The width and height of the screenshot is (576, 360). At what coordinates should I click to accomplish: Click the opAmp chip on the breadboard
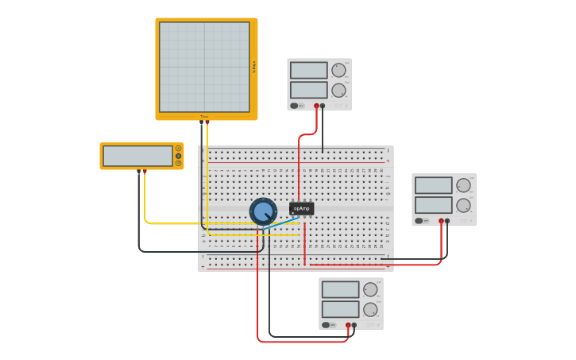point(302,208)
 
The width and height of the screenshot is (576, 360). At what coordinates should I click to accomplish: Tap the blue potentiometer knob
point(263,211)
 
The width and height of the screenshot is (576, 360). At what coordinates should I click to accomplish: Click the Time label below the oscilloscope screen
point(204,117)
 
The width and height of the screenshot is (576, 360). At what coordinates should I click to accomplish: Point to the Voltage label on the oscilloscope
point(254,67)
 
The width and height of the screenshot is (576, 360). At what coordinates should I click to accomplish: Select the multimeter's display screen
point(137,156)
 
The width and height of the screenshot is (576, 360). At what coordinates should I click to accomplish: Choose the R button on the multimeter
point(179,163)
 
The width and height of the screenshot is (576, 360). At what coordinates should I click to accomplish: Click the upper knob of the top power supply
point(339,70)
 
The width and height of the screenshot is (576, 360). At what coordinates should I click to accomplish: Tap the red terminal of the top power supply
point(316,105)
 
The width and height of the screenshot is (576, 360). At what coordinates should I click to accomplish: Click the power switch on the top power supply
point(295,105)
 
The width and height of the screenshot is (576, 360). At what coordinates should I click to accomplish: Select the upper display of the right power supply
point(433,186)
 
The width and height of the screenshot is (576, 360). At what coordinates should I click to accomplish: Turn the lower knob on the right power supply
point(463,205)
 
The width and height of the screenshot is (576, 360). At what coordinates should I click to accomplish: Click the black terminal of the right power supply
point(447,221)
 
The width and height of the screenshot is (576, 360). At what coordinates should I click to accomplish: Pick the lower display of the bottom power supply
point(340,309)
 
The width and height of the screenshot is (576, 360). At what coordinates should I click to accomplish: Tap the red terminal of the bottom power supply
point(348,324)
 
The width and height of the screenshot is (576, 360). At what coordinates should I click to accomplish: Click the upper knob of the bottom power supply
point(370,289)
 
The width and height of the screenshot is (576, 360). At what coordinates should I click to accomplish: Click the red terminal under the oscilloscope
point(207,122)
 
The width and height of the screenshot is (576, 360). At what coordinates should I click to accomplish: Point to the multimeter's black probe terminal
point(139,171)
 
